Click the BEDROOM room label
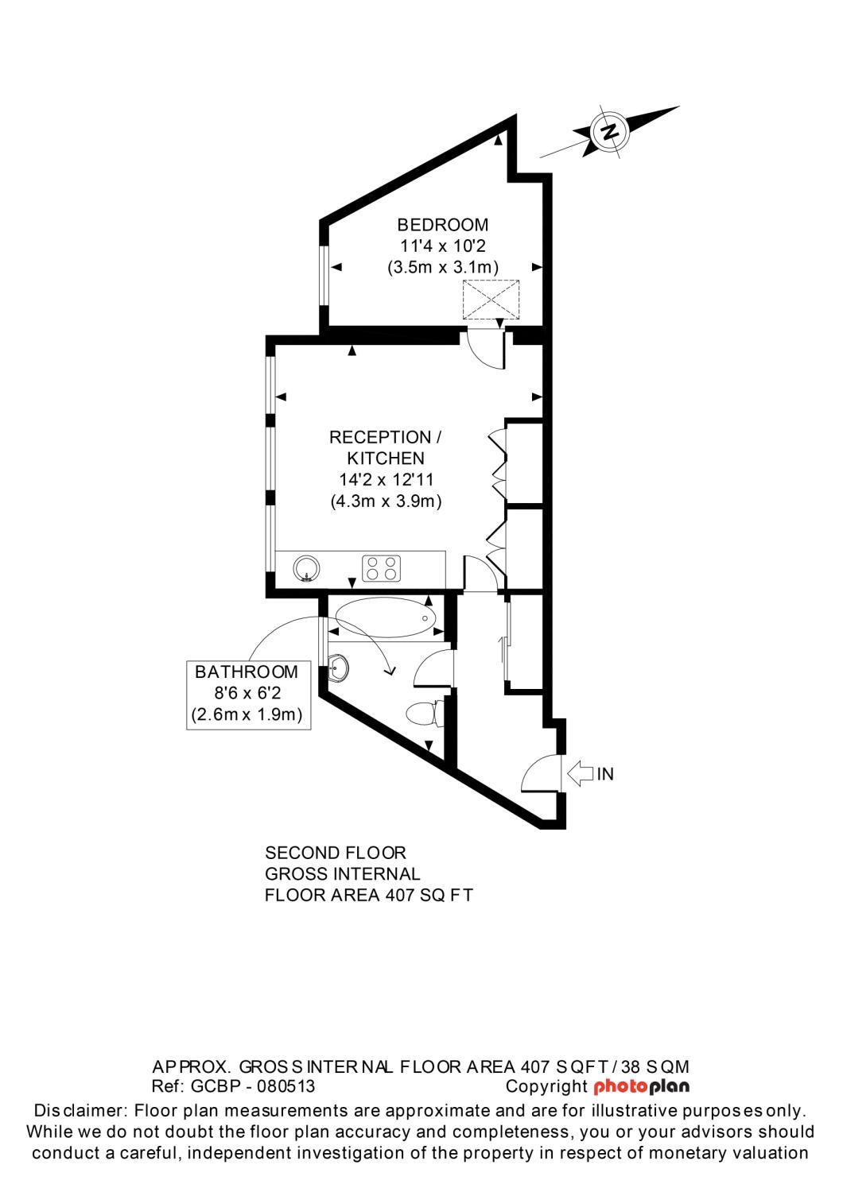442,225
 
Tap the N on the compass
610,131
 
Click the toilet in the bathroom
423,714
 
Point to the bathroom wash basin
337,668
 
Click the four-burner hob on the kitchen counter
382,568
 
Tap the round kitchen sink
306,568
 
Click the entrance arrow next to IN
581,772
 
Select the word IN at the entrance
606,774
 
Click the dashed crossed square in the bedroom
491,300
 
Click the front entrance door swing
541,774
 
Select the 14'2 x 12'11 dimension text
386,480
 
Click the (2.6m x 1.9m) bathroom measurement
247,714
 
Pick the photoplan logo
641,1086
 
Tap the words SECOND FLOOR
335,853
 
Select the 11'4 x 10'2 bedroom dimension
442,246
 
